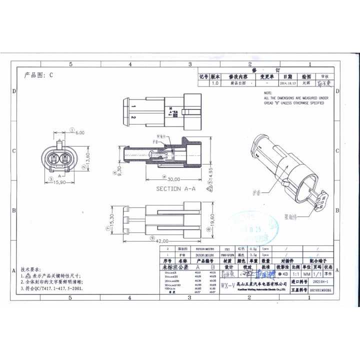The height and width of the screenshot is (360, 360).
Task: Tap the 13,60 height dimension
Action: [88, 158]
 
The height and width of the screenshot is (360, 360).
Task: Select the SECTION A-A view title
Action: [175, 188]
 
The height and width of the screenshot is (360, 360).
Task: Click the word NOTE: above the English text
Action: [268, 93]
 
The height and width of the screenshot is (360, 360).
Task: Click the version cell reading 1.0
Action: [215, 83]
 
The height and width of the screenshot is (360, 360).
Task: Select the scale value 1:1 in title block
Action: [295, 274]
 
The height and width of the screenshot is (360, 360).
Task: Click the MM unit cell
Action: [307, 274]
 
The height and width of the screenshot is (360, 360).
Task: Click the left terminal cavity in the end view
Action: [53, 160]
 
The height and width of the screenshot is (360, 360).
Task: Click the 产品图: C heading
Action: [38, 75]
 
